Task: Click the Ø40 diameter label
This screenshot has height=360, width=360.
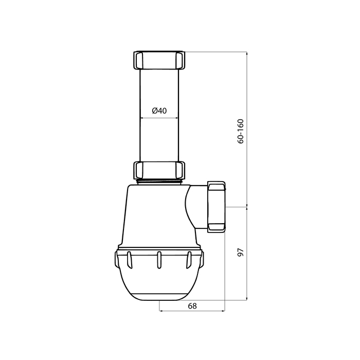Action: [159, 111]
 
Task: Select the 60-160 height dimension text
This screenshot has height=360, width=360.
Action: [240, 132]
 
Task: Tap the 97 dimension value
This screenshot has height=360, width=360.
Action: [240, 253]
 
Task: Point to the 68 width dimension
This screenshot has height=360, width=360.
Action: [192, 306]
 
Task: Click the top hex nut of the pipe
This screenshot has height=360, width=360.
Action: [159, 60]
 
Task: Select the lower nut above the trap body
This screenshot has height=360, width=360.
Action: [159, 170]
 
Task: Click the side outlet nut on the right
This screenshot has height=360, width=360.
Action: [217, 207]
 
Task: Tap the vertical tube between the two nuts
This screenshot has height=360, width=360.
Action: [159, 115]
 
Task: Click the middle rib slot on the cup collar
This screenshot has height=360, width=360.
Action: [159, 260]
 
